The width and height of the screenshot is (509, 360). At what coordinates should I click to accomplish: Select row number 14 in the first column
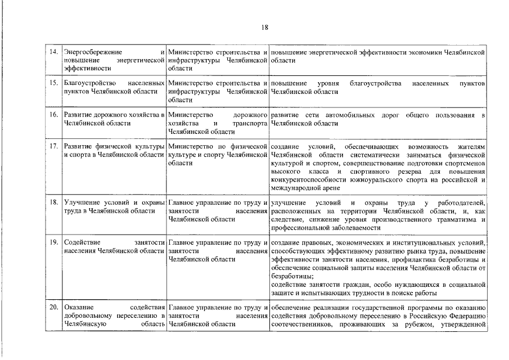coord(54,52)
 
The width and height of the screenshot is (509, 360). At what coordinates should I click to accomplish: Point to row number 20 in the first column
coord(54,308)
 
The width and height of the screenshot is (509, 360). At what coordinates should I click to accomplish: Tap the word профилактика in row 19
coord(415,259)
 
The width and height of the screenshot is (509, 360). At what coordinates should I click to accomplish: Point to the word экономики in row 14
coord(415,52)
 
